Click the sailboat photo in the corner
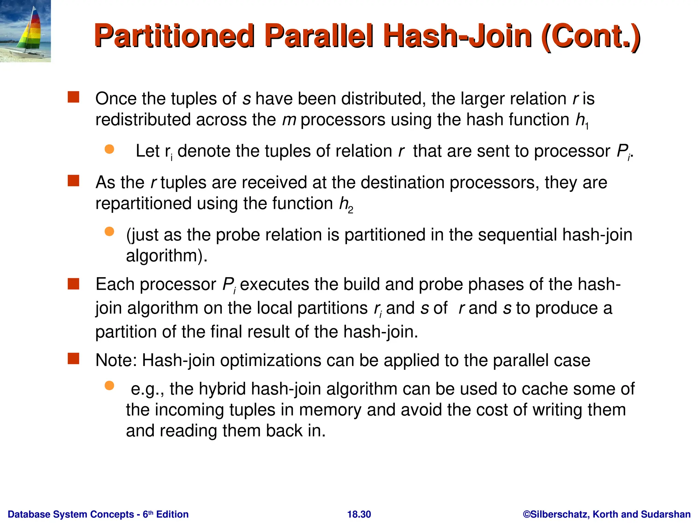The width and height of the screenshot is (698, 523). (25, 31)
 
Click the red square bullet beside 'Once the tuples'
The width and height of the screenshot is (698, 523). (73, 97)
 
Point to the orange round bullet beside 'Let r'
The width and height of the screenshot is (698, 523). (109, 149)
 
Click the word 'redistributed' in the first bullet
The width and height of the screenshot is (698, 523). (143, 120)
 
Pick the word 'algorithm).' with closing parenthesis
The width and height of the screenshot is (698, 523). (167, 256)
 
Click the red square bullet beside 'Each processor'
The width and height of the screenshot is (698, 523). (73, 284)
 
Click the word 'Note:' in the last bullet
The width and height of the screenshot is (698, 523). (116, 360)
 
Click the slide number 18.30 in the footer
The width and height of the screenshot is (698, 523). (359, 514)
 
